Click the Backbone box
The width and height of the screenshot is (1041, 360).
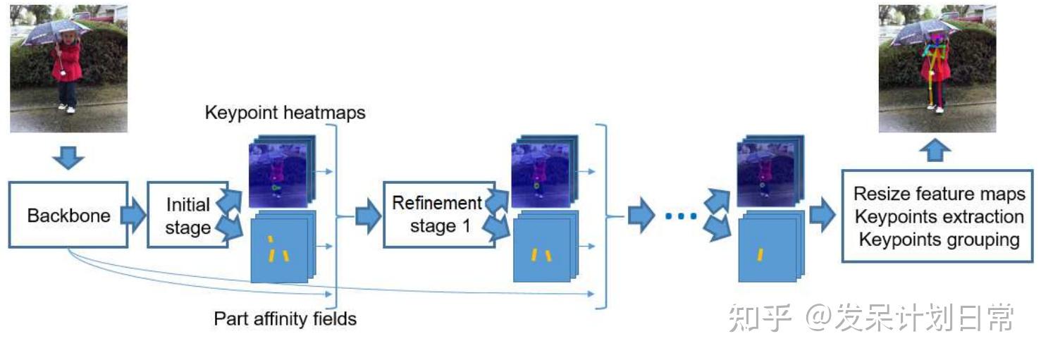coord(68,215)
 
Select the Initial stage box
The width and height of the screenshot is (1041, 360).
coord(187,215)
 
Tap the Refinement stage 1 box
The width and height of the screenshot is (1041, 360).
coord(437,214)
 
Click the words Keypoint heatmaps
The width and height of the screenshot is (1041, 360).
coord(285,113)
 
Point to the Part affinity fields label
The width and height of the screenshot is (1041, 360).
coord(285,318)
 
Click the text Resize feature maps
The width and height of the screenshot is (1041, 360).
coord(939,194)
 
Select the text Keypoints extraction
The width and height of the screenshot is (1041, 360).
coord(939,216)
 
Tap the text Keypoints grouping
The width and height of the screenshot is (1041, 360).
coord(939,240)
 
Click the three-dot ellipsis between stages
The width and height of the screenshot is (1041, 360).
coord(681,216)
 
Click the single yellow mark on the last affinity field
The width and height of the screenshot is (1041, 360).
coord(761,254)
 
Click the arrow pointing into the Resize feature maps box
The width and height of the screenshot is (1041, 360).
coord(822,215)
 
